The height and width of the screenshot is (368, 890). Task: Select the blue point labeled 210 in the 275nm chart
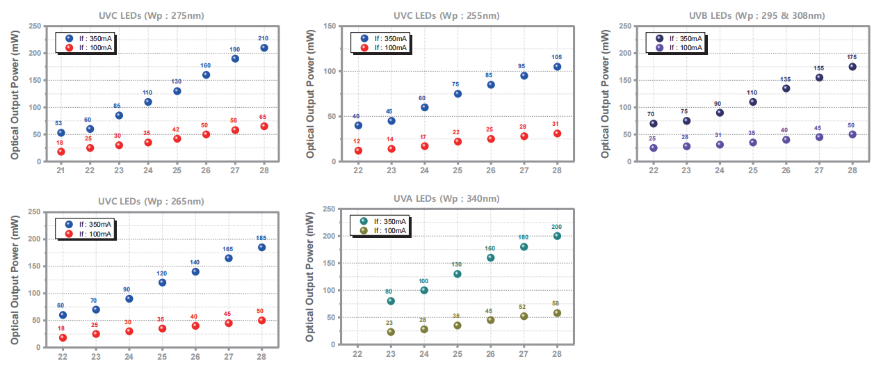pyautogui.click(x=264, y=48)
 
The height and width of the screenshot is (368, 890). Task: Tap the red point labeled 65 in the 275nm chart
pyautogui.click(x=264, y=126)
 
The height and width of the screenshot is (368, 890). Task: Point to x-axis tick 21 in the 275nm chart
pyautogui.click(x=60, y=170)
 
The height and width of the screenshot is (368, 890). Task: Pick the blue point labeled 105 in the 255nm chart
pyautogui.click(x=557, y=67)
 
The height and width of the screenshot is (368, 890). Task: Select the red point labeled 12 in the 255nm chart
pyautogui.click(x=358, y=150)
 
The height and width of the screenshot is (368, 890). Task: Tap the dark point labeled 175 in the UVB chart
pyautogui.click(x=852, y=67)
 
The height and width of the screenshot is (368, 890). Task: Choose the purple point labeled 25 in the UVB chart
pyautogui.click(x=654, y=147)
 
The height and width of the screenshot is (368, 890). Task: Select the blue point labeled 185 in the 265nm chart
pyautogui.click(x=261, y=247)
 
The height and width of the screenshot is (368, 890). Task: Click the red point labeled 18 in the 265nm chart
pyautogui.click(x=63, y=337)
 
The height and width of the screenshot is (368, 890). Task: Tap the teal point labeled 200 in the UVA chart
pyautogui.click(x=557, y=236)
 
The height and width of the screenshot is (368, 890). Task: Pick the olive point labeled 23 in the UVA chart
pyautogui.click(x=391, y=332)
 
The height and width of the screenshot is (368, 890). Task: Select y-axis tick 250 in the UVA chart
pyautogui.click(x=331, y=209)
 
